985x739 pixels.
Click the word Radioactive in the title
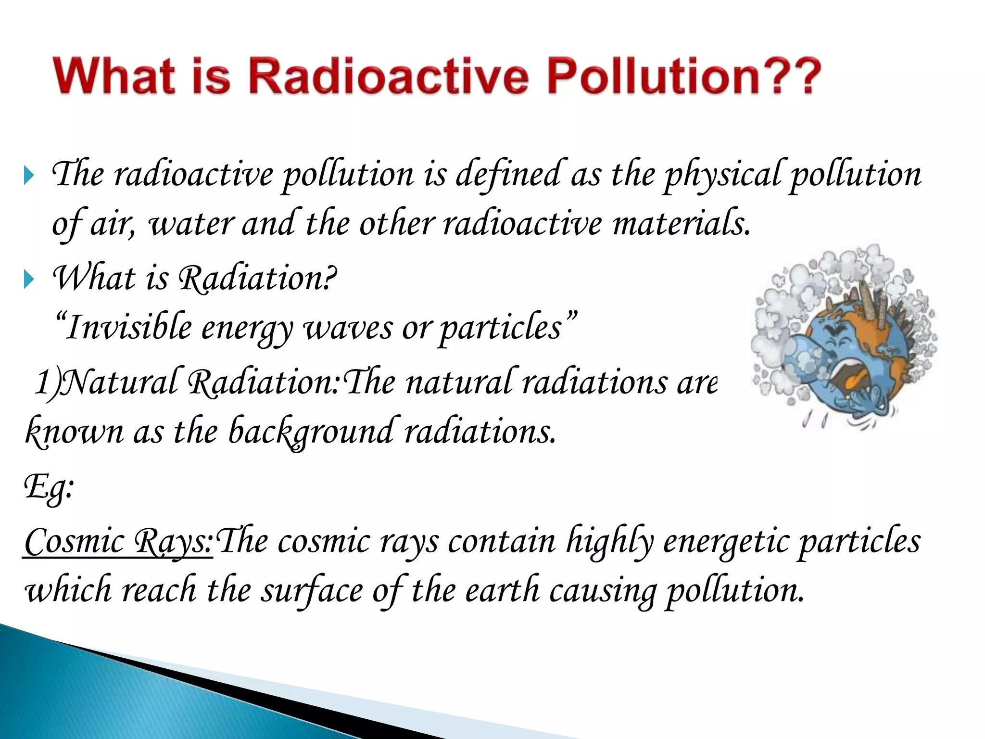pyautogui.click(x=389, y=76)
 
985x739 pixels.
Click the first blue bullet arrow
pyautogui.click(x=29, y=176)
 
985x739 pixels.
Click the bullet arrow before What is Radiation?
pyautogui.click(x=29, y=280)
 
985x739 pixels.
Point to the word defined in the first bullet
pyautogui.click(x=509, y=174)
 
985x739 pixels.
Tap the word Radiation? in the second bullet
pyautogui.click(x=257, y=279)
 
